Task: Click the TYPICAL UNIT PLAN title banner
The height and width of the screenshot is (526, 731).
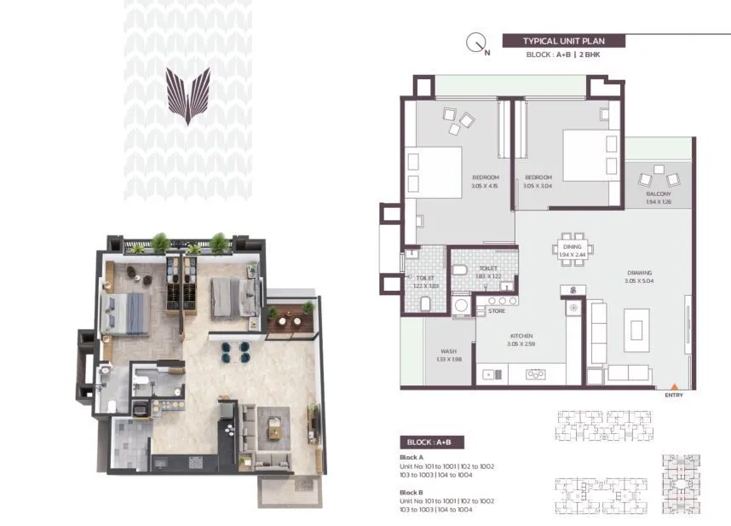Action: (563, 41)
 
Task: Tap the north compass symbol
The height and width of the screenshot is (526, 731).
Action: (477, 42)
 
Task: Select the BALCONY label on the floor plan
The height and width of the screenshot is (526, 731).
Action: (659, 194)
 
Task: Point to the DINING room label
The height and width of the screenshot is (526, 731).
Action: (573, 247)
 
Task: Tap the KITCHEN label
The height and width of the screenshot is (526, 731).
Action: (521, 336)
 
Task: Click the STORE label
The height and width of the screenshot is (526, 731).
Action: (497, 311)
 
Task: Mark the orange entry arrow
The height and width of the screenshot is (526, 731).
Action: (676, 387)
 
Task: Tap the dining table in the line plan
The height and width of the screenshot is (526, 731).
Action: (573, 250)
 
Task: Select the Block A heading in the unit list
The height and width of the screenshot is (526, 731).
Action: (412, 458)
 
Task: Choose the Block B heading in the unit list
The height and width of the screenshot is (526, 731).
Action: (412, 492)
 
